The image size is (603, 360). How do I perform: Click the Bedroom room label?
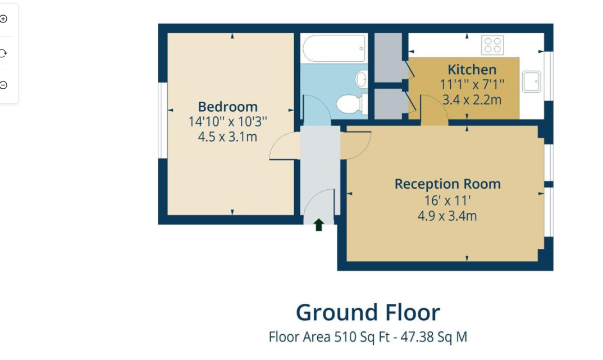tap(227, 106)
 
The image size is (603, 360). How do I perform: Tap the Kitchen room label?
tap(472, 70)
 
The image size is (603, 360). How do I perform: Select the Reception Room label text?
tap(447, 184)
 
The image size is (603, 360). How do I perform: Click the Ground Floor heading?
tap(368, 312)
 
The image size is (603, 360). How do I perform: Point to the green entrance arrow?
tap(318, 225)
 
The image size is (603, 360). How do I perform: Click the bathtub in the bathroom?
tap(334, 48)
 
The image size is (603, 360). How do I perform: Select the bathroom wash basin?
tap(361, 79)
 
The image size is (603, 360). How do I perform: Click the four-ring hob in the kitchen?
tap(492, 45)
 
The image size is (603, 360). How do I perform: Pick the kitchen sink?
tap(531, 81)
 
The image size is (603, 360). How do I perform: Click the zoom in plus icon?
tap(4, 19)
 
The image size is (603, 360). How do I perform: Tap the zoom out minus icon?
tap(4, 85)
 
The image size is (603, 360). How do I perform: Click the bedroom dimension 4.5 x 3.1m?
tap(227, 136)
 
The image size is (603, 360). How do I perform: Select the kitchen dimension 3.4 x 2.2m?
tap(472, 100)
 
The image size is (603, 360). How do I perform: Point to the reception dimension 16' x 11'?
tap(447, 199)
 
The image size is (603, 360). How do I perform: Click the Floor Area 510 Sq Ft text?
tap(368, 337)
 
